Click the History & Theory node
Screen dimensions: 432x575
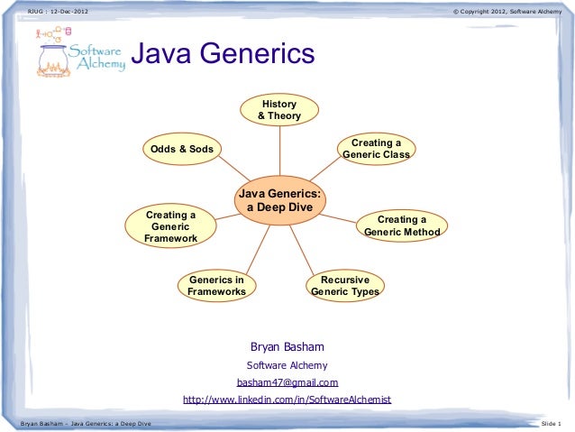tap(278, 110)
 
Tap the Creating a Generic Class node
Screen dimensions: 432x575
tap(376, 149)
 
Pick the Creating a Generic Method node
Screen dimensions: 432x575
tap(401, 225)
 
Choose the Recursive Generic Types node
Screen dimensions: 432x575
tap(344, 286)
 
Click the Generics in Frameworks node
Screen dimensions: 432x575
tap(216, 286)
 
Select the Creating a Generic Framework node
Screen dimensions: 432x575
tap(171, 227)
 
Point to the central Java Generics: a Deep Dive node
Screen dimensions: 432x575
tap(279, 200)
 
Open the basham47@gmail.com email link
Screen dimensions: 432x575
tap(287, 382)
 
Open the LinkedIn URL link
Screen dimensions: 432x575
tap(287, 400)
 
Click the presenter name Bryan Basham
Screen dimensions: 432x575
tap(287, 347)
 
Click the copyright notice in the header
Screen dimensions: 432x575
tap(508, 11)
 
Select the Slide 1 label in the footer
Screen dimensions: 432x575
tap(550, 423)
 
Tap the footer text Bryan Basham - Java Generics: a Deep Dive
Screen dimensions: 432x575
tap(81, 423)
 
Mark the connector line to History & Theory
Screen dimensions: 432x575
tap(278, 149)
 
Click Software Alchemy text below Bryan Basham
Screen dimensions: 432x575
tap(287, 365)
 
